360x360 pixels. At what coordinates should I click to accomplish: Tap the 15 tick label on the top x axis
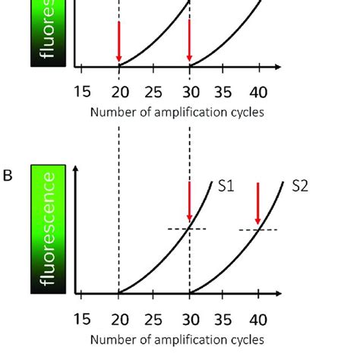tap(83, 93)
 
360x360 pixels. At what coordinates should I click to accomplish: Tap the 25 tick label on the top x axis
tap(153, 93)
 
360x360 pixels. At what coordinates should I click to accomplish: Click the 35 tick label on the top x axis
tap(223, 93)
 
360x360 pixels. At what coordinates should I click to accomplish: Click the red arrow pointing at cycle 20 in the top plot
tap(118, 43)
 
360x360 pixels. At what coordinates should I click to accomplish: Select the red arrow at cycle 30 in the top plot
tap(189, 43)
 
